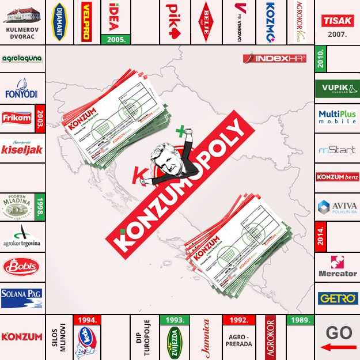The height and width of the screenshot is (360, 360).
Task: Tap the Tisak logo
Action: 337,21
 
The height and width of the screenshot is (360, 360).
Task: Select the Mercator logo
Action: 338,266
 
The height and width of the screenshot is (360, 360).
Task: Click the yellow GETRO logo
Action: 338,298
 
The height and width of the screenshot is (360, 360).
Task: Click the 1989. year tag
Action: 301,319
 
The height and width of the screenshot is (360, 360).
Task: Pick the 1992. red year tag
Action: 237,319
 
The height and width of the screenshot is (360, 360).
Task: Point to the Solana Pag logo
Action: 22,298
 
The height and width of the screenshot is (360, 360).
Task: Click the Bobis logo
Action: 21,266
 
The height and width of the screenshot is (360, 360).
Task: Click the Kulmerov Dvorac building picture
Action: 22,16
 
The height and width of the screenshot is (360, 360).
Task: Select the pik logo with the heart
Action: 175,16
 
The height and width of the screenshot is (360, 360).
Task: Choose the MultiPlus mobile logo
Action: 338,118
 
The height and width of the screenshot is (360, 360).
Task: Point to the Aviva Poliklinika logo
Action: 338,207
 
